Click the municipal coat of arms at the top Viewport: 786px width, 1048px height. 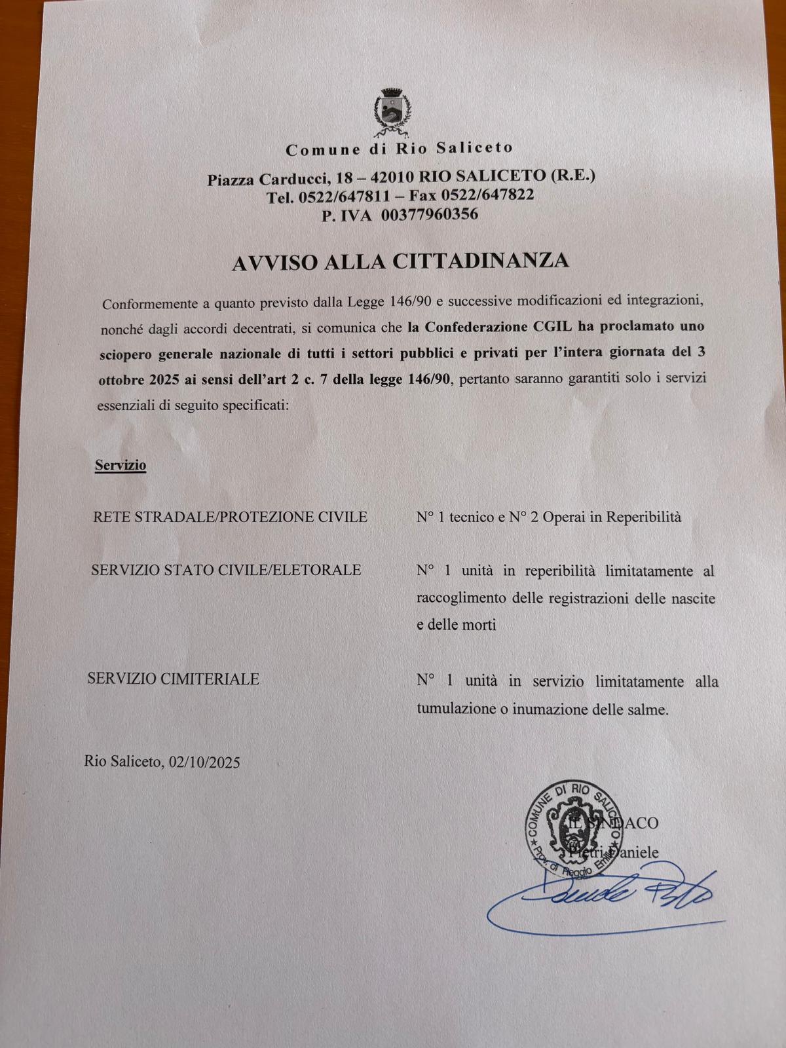(x=391, y=111)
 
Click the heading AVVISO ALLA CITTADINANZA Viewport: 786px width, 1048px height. (x=400, y=261)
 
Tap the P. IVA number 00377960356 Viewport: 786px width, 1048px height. (x=428, y=214)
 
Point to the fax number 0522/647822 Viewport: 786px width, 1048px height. (x=487, y=195)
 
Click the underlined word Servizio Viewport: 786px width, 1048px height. (x=121, y=465)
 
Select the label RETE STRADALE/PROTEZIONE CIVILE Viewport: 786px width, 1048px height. (x=230, y=517)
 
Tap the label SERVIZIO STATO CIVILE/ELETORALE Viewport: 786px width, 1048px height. (x=226, y=570)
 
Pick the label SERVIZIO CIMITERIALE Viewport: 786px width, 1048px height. (x=174, y=679)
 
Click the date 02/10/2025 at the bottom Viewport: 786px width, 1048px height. (x=204, y=762)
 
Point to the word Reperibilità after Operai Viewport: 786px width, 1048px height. (x=643, y=517)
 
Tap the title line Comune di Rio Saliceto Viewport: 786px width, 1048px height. (x=399, y=149)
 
